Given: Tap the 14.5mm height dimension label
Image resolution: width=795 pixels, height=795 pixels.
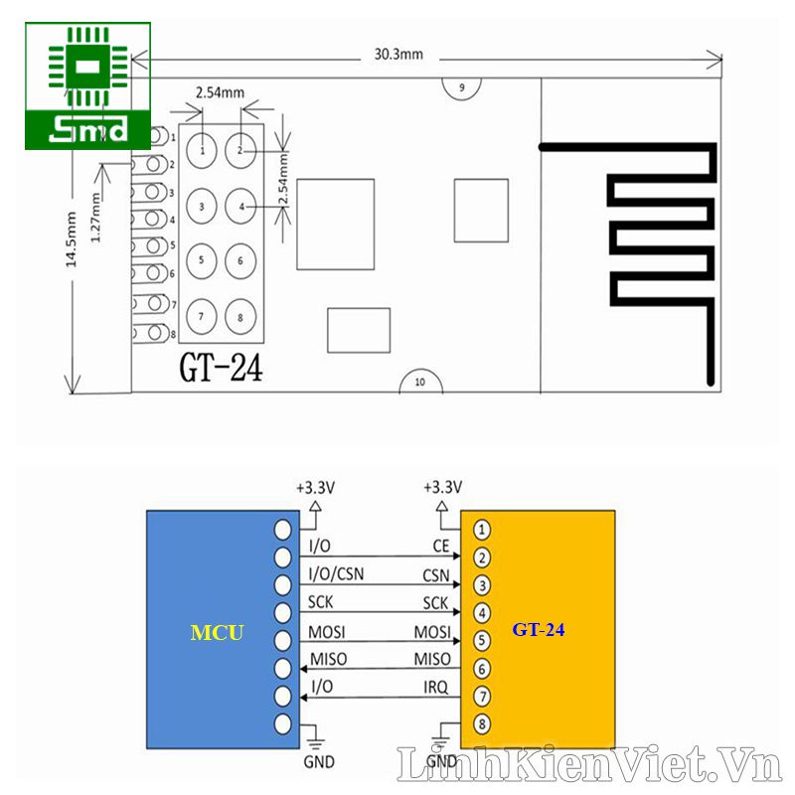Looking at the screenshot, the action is tap(71, 239).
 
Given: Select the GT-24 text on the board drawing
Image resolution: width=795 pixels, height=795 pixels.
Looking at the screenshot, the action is tap(221, 370).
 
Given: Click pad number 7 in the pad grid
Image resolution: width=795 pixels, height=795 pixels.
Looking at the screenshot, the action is tap(202, 316).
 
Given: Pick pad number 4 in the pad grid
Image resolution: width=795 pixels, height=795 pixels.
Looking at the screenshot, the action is tap(239, 207).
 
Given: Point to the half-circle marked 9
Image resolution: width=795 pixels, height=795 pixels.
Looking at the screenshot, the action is tap(461, 87).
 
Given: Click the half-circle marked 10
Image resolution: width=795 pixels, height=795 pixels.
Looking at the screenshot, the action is tap(419, 382).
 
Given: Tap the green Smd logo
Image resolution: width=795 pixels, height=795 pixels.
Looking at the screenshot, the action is tap(88, 86).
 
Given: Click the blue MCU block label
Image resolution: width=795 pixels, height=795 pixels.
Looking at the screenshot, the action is tap(216, 632).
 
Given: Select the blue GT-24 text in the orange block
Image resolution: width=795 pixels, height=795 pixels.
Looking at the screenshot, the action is tap(539, 629).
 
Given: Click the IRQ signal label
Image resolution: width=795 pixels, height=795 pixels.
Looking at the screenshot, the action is tap(435, 687).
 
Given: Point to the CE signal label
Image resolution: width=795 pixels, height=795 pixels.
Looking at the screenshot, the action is tap(441, 546).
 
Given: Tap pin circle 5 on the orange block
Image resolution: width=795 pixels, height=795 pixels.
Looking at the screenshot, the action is tap(481, 641).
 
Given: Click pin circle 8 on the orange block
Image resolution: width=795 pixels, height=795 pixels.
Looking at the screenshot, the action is tap(481, 723).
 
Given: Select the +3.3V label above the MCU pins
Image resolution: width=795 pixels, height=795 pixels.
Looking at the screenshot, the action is tap(314, 488).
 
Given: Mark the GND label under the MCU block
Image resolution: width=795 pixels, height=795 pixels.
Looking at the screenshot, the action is tap(319, 762).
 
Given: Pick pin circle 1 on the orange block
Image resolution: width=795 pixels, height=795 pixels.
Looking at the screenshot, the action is tap(481, 530).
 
